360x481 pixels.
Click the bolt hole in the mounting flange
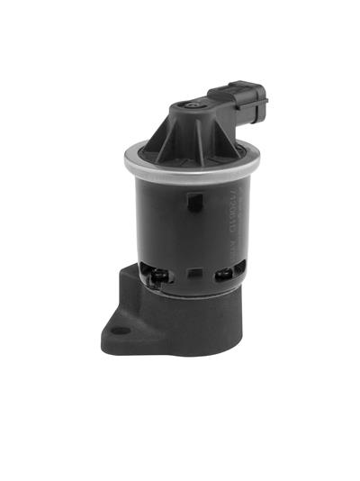(125, 331)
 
